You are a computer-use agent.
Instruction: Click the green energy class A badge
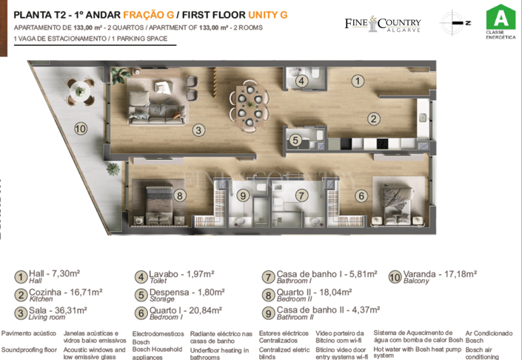pyautogui.click(x=501, y=18)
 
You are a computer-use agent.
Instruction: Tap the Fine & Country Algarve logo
pyautogui.click(x=382, y=24)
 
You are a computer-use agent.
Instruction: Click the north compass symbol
pyautogui.click(x=455, y=22)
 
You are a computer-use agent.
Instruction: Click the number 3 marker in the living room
pyautogui.click(x=198, y=130)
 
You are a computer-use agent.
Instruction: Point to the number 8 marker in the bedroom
pyautogui.click(x=181, y=196)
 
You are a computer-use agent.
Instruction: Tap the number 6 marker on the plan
pyautogui.click(x=361, y=196)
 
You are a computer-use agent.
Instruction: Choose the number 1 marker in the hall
pyautogui.click(x=357, y=81)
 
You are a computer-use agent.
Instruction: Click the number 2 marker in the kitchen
pyautogui.click(x=374, y=119)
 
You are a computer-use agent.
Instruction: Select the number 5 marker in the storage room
pyautogui.click(x=295, y=139)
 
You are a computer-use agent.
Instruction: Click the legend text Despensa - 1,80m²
pyautogui.click(x=181, y=293)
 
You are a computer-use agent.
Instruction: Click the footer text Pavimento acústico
pyautogui.click(x=29, y=334)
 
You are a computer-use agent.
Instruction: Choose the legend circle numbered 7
pyautogui.click(x=268, y=277)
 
